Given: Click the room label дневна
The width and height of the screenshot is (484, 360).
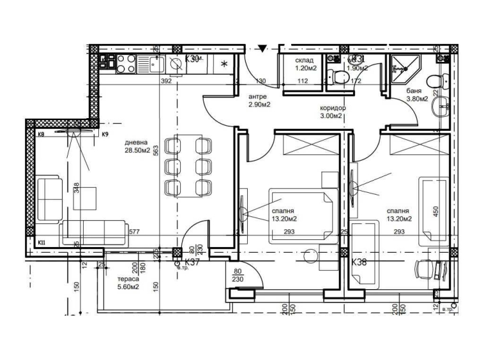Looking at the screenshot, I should tap(137, 142).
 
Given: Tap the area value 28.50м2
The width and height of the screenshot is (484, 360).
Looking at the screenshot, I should tap(137, 151).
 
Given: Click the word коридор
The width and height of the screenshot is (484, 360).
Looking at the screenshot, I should tap(333, 109).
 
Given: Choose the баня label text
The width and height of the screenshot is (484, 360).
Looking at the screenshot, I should tap(414, 91).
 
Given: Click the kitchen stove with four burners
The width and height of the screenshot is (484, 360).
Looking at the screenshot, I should tap(123, 63).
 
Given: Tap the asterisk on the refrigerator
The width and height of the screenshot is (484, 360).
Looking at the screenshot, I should tap(224, 64).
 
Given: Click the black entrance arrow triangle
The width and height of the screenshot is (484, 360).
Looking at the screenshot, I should tap(262, 49).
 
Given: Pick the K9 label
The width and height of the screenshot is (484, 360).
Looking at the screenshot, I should tap(105, 135).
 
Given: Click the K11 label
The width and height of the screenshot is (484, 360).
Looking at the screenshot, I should tap(41, 243).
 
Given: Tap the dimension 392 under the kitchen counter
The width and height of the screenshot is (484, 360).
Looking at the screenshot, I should tap(166, 82).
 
